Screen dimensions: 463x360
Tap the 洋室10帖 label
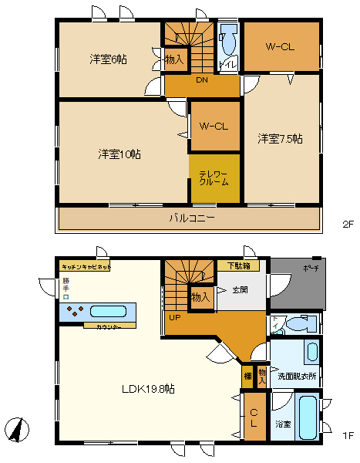point(119,154)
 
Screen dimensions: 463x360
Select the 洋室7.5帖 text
point(280,139)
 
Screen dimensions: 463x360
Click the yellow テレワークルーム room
point(214,178)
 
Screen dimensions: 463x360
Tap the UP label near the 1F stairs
point(175,316)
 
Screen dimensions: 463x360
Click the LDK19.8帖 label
point(149,389)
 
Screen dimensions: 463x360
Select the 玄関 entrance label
point(240,291)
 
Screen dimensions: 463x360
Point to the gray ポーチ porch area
point(297,282)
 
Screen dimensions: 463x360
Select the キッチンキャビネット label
point(86,265)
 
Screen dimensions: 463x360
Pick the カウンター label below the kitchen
point(109,326)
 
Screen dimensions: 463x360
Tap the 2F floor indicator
point(347,225)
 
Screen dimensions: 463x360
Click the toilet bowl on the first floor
point(290,325)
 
